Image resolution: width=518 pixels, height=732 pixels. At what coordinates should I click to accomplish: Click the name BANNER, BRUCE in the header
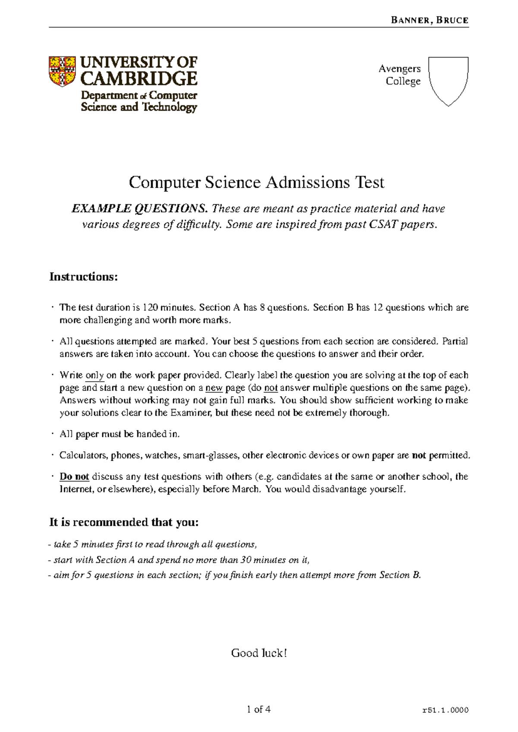pos(429,20)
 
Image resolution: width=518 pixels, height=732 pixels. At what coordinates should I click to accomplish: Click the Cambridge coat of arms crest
pos(62,71)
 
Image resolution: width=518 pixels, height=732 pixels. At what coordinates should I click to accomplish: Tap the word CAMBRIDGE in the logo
pos(139,79)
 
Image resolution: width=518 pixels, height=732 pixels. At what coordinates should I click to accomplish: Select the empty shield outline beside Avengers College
pos(448,80)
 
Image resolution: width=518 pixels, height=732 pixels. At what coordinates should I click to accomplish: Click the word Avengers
pos(399,69)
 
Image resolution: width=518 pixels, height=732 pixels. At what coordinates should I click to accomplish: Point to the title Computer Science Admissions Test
pos(256,183)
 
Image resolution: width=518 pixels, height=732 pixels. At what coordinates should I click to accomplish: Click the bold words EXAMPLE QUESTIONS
pos(139,209)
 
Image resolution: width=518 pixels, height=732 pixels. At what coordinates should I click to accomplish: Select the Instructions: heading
pos(83,277)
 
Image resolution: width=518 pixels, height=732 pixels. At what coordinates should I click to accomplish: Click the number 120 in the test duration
pos(150,308)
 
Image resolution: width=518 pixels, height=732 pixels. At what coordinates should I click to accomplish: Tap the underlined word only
pos(95,375)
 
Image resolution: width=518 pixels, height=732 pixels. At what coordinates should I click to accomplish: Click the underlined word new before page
pos(214,388)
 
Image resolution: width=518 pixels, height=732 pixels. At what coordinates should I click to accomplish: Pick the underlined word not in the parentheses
pos(271,388)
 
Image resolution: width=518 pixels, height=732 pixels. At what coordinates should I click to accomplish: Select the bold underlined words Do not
pos(74,476)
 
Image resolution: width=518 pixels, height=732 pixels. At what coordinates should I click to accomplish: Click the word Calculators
pos(83,455)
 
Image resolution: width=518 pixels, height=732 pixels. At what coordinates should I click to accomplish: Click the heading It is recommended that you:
pos(124,522)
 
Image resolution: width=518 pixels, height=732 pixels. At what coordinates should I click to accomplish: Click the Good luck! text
pos(259,653)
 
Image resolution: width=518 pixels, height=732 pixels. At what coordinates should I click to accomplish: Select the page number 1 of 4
pos(259,709)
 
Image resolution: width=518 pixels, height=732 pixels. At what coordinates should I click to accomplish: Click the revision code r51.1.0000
pos(445,710)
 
